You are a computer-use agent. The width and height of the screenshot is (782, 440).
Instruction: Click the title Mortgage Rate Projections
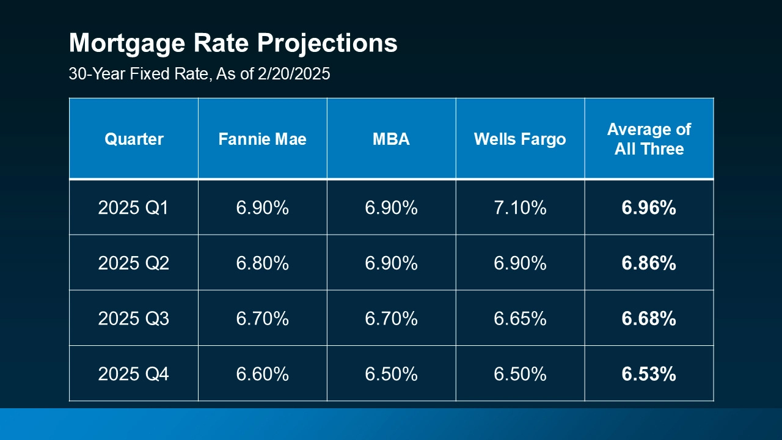point(233,43)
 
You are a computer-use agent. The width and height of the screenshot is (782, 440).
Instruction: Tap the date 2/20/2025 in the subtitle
point(295,75)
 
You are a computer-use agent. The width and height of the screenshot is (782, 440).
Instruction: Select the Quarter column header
point(134,139)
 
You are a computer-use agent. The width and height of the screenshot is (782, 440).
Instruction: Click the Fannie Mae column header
point(262,139)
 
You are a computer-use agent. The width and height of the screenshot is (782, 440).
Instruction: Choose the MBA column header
point(391,139)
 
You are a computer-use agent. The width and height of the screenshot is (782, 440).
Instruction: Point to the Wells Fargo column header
point(520,139)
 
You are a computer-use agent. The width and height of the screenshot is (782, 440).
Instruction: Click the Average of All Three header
point(649,139)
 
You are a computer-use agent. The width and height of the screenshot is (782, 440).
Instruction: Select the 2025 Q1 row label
point(133,208)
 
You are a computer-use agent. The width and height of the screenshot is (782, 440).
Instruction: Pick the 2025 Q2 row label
point(133,263)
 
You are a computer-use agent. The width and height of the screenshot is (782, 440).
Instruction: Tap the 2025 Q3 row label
point(133,318)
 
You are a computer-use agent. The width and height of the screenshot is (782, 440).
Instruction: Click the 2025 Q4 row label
point(133,374)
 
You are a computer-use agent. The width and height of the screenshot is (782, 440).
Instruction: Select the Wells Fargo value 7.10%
point(520,208)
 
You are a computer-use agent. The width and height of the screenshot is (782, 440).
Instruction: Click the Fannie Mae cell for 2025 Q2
point(262,263)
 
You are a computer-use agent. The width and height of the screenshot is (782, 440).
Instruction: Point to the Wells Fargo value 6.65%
point(520,318)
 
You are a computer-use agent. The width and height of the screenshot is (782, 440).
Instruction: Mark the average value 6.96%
point(649,208)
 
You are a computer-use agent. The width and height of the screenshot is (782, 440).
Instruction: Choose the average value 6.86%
point(649,263)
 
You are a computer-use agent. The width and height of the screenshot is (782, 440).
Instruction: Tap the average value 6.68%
point(649,318)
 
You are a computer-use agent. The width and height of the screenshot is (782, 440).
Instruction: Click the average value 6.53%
point(649,374)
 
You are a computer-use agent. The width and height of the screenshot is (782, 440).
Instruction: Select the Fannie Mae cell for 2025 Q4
point(262,374)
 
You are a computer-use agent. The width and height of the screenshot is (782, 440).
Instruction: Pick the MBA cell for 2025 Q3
point(391,318)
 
